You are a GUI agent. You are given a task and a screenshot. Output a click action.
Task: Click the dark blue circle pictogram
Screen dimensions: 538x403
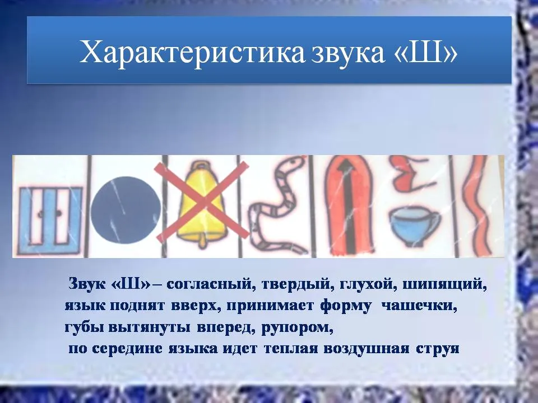126,210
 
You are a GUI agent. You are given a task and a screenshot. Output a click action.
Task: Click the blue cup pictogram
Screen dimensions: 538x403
414,225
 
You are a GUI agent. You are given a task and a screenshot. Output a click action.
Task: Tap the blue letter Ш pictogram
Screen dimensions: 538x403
50,220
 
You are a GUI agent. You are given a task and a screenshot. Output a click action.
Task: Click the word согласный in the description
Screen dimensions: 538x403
211,285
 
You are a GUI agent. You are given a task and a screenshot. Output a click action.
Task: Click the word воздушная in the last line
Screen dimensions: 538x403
366,349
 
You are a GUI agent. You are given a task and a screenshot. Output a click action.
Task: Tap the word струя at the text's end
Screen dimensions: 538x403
438,349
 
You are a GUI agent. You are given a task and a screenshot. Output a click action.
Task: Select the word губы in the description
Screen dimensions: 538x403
85,327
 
